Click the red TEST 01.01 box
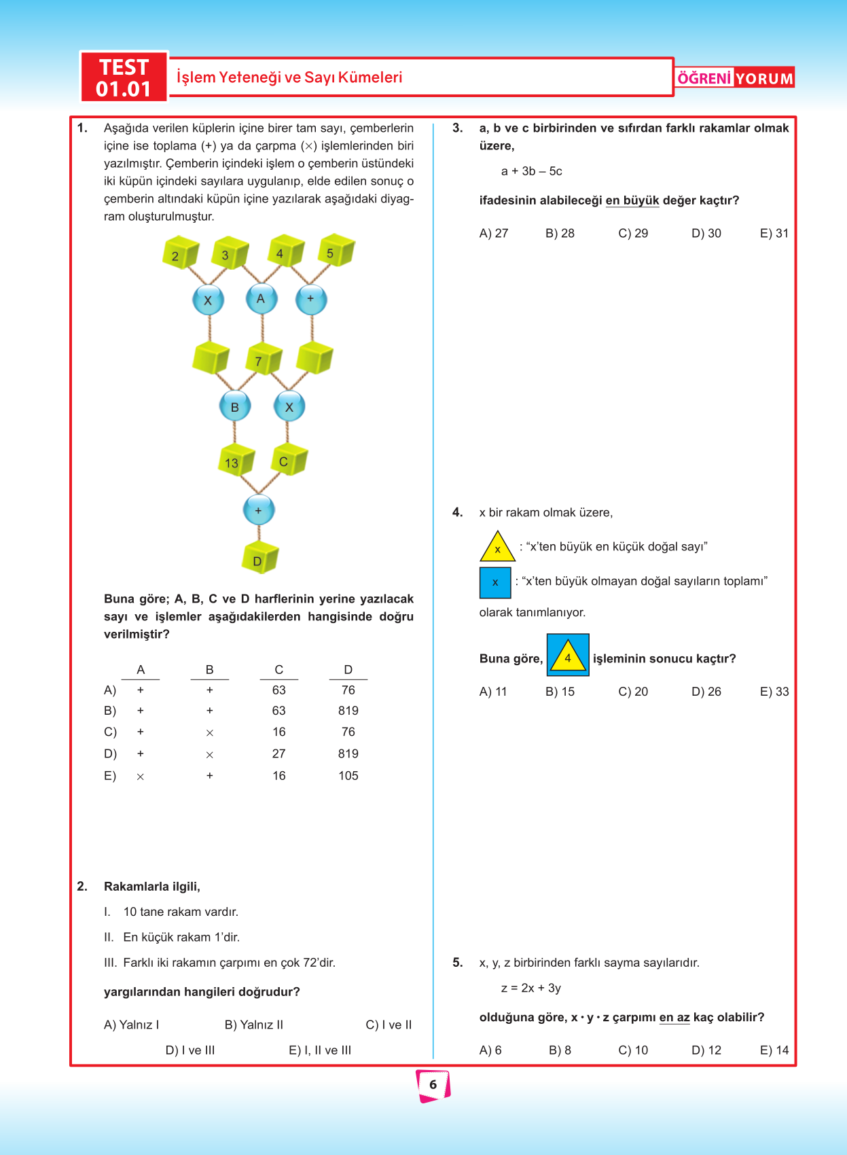click(124, 77)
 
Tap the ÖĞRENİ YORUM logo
click(735, 78)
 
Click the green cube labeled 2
click(179, 253)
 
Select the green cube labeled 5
click(336, 251)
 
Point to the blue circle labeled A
click(261, 299)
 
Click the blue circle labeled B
click(235, 407)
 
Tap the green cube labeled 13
click(235, 461)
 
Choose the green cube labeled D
click(260, 558)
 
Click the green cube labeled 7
click(263, 359)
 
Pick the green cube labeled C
click(289, 460)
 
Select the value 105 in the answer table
click(348, 776)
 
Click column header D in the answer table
click(348, 670)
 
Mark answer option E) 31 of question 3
click(774, 234)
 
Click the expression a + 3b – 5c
click(532, 171)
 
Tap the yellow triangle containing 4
click(568, 656)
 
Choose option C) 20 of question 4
click(633, 692)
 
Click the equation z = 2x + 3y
click(531, 988)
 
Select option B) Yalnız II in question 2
click(254, 1025)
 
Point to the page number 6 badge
click(433, 1085)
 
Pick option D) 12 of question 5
click(706, 1050)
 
